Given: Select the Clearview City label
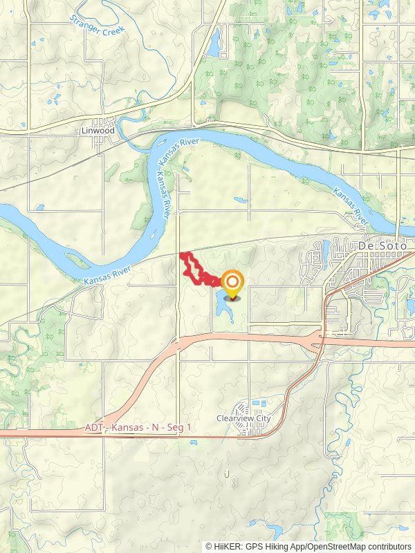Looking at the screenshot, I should point(243,418).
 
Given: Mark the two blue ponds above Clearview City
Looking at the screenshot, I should point(257,403).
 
